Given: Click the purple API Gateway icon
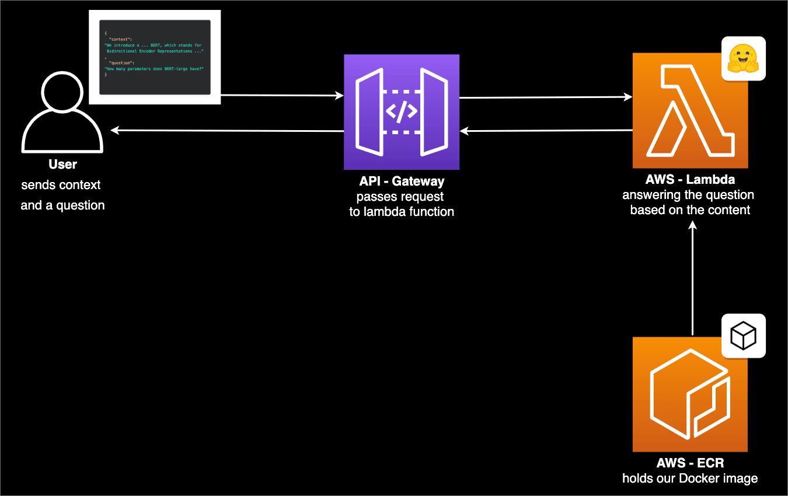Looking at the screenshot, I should [x=402, y=112].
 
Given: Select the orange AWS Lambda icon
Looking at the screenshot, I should [x=691, y=111].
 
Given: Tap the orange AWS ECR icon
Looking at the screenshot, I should [x=691, y=394].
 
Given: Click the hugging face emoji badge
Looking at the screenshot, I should [x=743, y=58].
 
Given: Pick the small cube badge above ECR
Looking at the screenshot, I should [x=743, y=336].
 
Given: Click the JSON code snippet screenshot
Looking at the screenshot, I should [x=155, y=57].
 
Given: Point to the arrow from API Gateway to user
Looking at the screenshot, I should [x=228, y=131].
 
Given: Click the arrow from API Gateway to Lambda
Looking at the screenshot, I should [x=546, y=97].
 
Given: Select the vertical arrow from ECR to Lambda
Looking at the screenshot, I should [x=692, y=280].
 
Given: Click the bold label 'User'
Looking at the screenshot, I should [x=62, y=165].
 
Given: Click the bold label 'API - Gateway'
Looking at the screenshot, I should [x=402, y=181].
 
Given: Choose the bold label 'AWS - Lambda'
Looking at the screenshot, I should [x=690, y=179].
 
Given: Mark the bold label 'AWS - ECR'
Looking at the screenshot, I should [x=690, y=463].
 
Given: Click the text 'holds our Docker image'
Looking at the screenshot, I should [x=690, y=478].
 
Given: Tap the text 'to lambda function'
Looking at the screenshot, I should [x=402, y=212].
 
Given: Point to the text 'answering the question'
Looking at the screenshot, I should [x=688, y=195].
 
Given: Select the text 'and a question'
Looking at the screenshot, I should [x=62, y=205].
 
